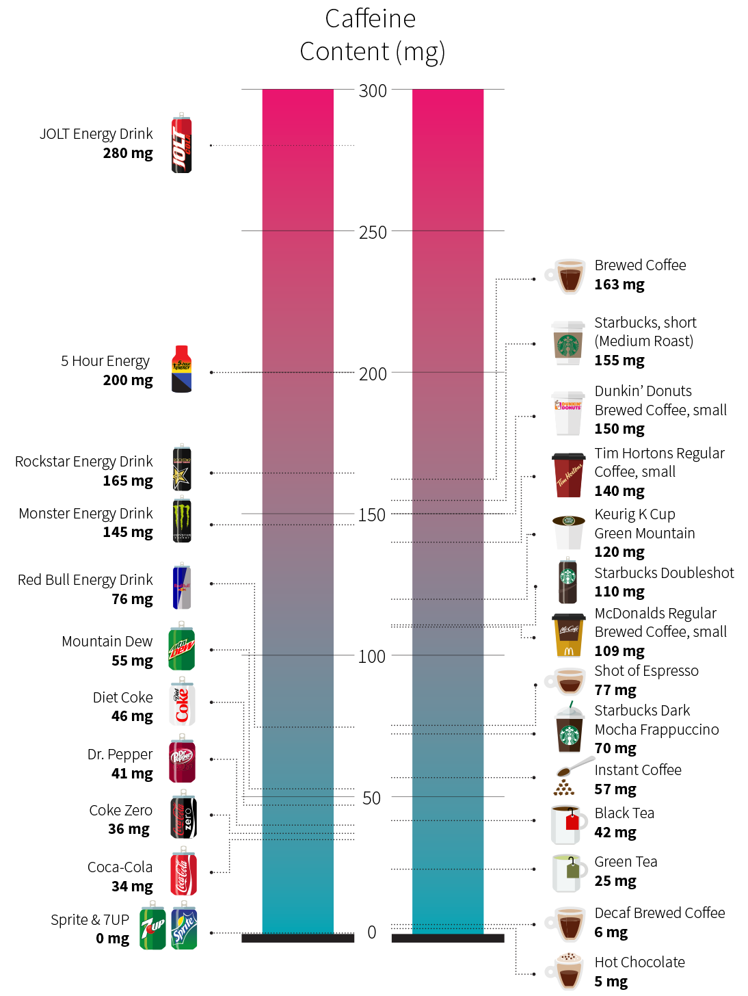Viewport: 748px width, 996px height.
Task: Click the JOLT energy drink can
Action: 181,144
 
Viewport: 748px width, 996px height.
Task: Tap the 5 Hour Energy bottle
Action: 181,369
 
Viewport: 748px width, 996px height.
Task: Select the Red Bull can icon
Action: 181,587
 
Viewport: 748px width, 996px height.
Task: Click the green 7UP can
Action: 152,926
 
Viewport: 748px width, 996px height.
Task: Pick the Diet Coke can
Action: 182,702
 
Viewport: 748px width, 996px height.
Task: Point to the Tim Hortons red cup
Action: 568,475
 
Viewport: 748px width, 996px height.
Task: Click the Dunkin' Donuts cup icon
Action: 568,413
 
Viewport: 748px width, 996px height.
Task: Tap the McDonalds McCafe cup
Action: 569,635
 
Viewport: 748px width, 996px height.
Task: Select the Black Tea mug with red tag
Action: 567,824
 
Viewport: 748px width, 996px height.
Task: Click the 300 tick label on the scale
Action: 373,91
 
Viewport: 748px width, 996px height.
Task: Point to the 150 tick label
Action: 372,515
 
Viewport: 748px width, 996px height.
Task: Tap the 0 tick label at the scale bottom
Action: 372,932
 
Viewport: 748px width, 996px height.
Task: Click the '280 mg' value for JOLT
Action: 128,153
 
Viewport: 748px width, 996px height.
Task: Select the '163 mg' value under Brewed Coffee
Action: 619,285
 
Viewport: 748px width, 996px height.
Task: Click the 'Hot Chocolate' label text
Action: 639,962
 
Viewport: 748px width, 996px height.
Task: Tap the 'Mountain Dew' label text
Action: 107,642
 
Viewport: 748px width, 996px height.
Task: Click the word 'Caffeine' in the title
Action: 370,19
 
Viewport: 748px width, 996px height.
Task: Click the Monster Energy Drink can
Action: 182,521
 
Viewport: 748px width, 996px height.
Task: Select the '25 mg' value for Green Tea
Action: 615,881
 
